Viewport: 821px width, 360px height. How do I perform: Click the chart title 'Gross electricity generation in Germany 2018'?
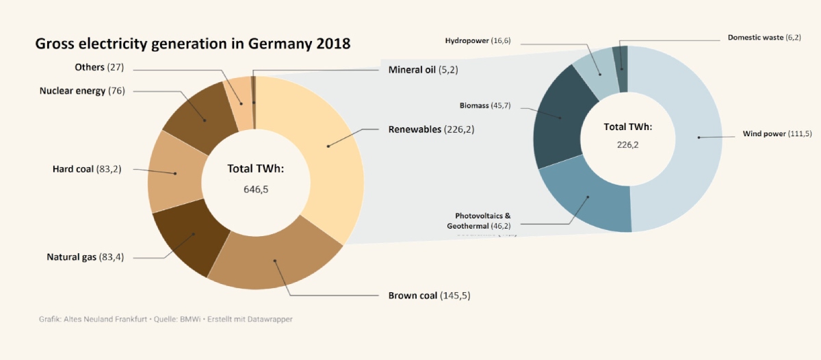pos(192,44)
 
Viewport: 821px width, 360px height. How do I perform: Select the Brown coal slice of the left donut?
pos(275,261)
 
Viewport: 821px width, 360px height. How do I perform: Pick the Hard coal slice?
pos(175,173)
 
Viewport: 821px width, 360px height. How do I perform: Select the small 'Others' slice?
pos(241,103)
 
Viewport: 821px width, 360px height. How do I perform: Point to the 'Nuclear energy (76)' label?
pos(82,90)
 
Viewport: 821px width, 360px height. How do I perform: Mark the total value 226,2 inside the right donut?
pos(627,144)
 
